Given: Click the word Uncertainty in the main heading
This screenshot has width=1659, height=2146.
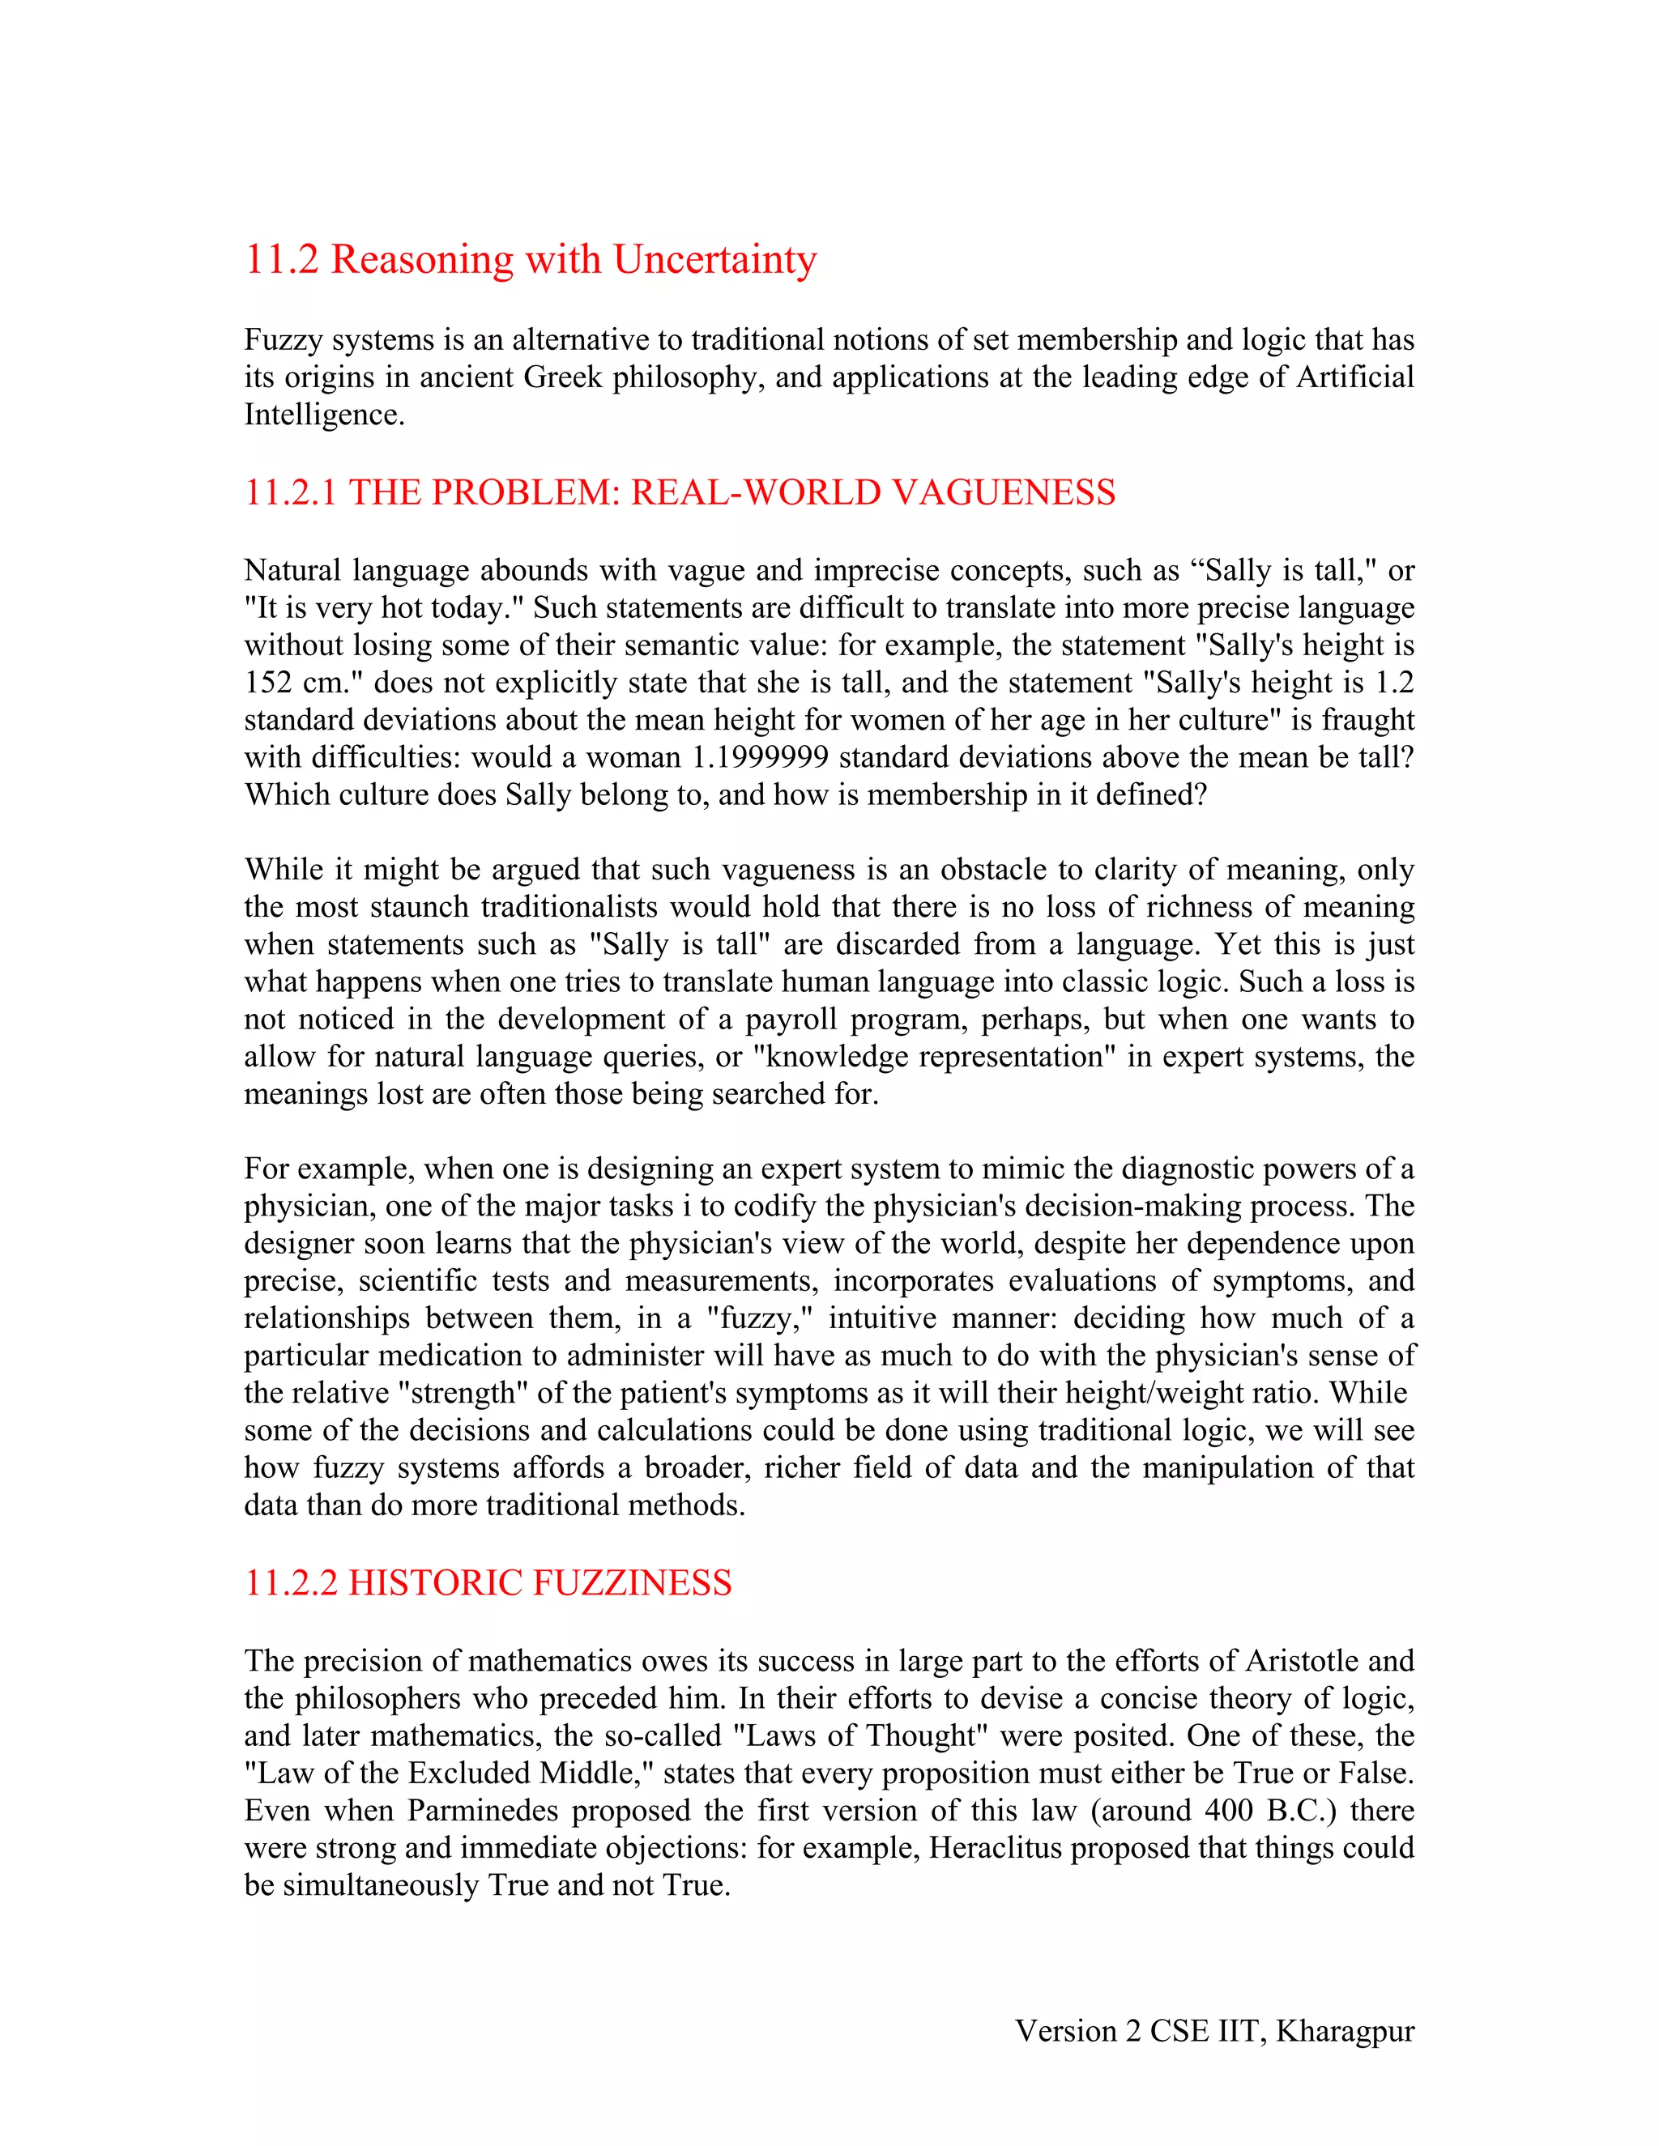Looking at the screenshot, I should coord(714,261).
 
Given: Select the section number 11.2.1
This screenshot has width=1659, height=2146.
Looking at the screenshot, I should coord(290,492).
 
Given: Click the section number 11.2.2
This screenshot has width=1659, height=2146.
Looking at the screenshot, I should coord(290,1583).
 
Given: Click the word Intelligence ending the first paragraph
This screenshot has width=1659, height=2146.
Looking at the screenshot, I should coord(323,415).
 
